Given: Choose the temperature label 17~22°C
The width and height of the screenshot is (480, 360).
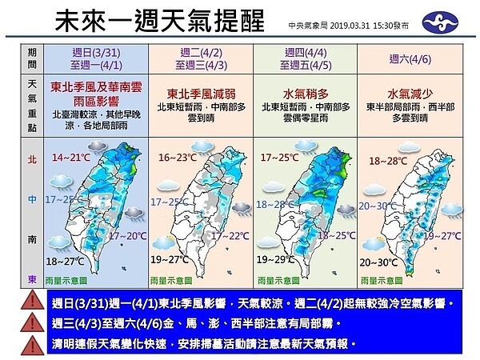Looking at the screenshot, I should (x=229, y=236).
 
